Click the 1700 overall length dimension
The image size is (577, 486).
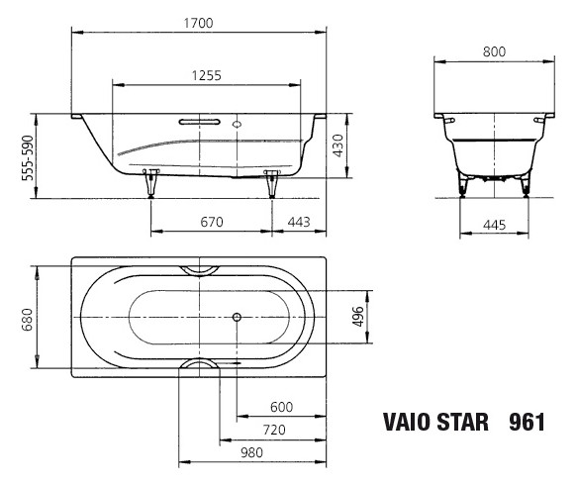[x=198, y=23]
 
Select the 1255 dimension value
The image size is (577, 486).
[x=207, y=76]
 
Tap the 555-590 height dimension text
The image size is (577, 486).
[x=28, y=158]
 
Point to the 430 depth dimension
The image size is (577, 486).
[x=337, y=146]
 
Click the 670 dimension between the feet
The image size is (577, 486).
[x=212, y=222]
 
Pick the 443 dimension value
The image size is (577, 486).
[x=299, y=222]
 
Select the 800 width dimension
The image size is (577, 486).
[x=494, y=51]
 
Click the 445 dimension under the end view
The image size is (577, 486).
[x=494, y=225]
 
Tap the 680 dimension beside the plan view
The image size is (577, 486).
[x=28, y=320]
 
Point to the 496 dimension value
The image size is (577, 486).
[x=358, y=317]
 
